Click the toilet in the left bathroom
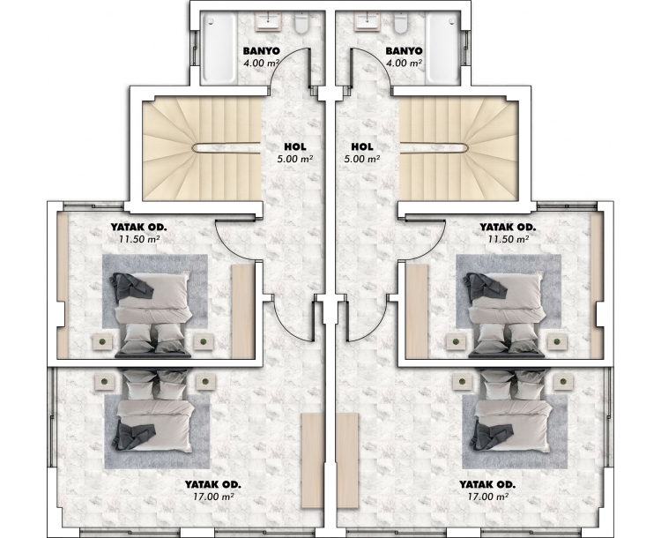pyautogui.click(x=301, y=22)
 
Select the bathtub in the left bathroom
pyautogui.click(x=218, y=48)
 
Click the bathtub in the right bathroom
pyautogui.click(x=442, y=48)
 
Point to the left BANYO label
pyautogui.click(x=262, y=51)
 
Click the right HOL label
pyautogui.click(x=362, y=146)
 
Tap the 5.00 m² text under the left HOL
pyautogui.click(x=294, y=159)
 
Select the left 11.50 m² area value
pyautogui.click(x=138, y=239)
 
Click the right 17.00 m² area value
pyautogui.click(x=487, y=497)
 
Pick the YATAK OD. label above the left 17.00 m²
pyautogui.click(x=213, y=484)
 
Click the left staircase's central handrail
pyautogui.click(x=227, y=147)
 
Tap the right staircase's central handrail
pyautogui.click(x=434, y=147)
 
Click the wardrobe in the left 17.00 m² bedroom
pyautogui.click(x=312, y=460)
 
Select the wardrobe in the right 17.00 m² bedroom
pyautogui.click(x=348, y=460)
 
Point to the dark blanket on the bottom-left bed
pyautogui.click(x=133, y=436)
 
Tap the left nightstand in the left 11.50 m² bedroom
pyautogui.click(x=102, y=341)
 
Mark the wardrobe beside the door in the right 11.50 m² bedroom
pyautogui.click(x=417, y=312)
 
